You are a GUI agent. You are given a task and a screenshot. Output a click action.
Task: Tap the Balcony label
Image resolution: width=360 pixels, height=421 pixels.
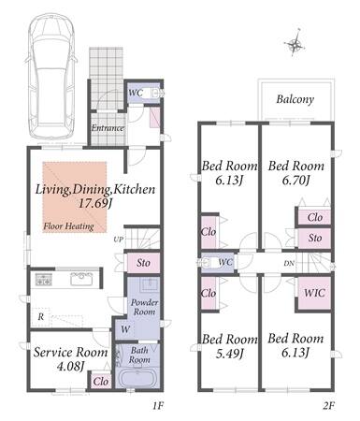(x=295, y=99)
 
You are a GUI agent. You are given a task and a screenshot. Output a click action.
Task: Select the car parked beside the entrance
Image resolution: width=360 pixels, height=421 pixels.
(x=51, y=77)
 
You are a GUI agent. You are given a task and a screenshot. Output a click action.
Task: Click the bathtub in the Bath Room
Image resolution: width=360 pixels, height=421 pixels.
(x=137, y=377)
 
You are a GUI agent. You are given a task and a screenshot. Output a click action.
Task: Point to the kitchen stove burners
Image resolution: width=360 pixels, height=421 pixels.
(x=43, y=279)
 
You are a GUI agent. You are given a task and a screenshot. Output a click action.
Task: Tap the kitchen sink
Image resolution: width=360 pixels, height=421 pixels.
(x=81, y=279)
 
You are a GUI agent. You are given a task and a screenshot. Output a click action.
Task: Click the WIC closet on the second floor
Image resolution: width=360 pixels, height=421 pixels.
(x=314, y=293)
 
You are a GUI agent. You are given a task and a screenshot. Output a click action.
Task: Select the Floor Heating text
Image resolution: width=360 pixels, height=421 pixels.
(x=68, y=226)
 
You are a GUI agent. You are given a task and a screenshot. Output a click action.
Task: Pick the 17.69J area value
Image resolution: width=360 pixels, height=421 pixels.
(x=94, y=204)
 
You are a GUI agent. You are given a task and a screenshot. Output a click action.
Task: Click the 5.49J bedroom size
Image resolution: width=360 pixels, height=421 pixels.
(x=229, y=354)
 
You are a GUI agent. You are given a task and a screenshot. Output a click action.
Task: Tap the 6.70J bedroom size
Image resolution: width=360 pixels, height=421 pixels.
(x=295, y=180)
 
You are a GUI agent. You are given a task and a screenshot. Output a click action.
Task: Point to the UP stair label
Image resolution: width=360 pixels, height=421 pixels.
(x=119, y=240)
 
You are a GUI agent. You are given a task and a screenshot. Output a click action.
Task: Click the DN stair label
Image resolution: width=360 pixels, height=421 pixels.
(x=289, y=263)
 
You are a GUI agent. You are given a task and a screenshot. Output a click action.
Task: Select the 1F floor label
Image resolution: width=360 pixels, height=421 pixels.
(x=158, y=406)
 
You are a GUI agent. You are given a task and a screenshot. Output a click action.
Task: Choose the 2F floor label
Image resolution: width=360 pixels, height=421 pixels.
(x=328, y=406)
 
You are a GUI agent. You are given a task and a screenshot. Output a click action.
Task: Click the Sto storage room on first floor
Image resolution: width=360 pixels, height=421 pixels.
(x=143, y=263)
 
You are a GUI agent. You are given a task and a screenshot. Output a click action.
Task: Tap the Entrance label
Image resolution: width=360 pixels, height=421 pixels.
(x=108, y=128)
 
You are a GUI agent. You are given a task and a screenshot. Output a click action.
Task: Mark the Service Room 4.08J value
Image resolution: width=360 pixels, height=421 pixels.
(x=70, y=366)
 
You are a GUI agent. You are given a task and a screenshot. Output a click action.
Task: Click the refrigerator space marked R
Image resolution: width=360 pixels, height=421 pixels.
(x=41, y=317)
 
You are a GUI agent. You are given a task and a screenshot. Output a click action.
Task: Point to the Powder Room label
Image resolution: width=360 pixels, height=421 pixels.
(x=144, y=307)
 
